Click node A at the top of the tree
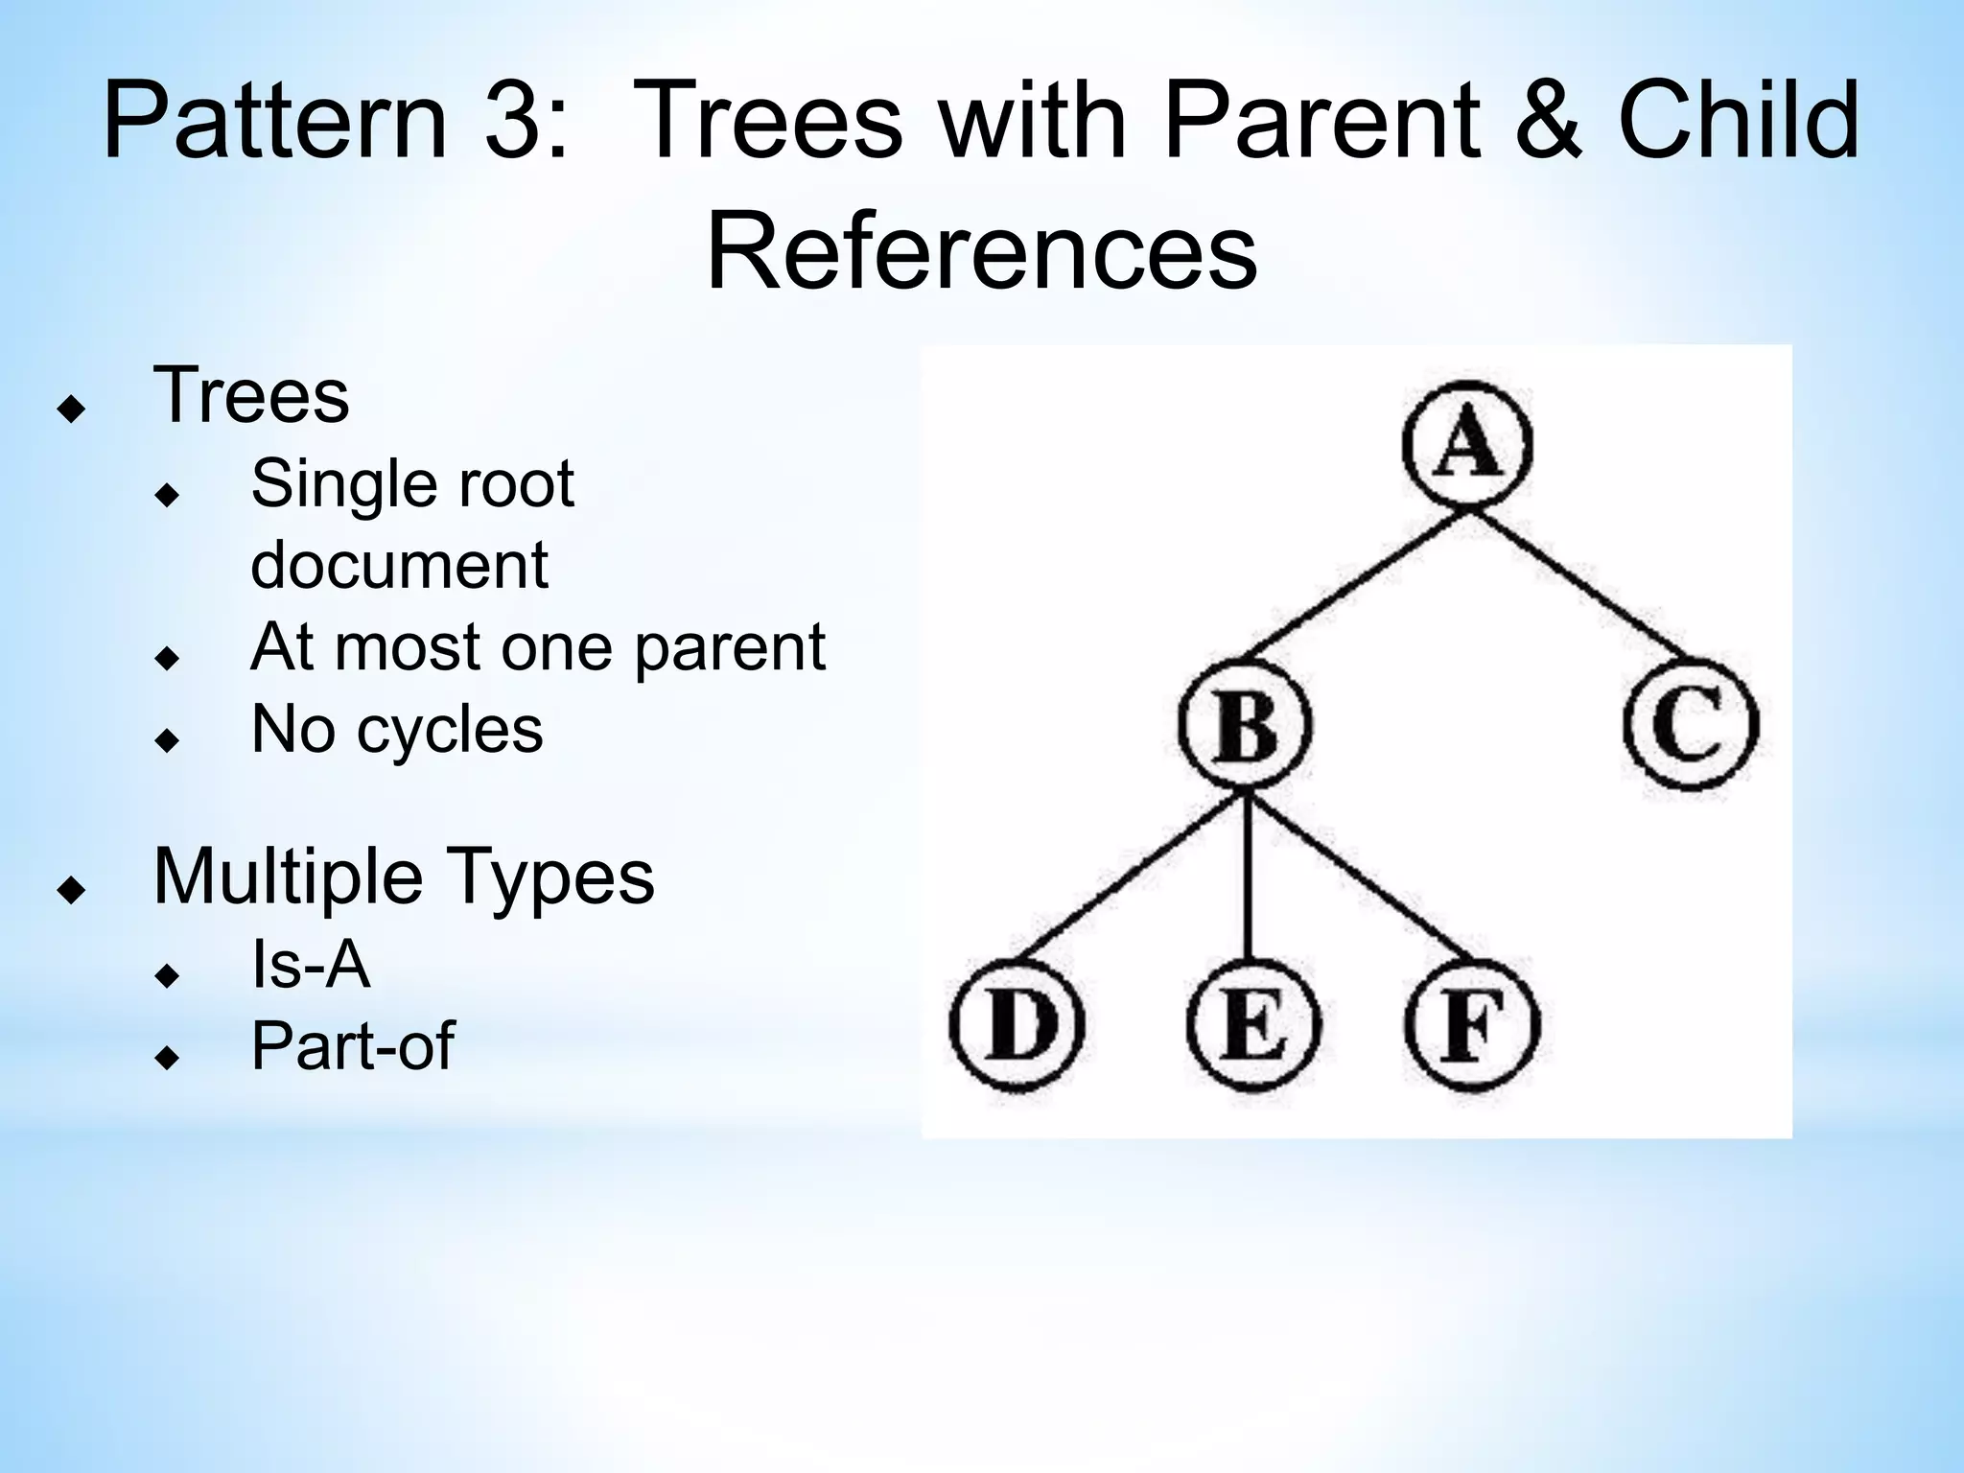tap(1467, 445)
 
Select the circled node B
tap(1246, 725)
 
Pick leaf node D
tap(1017, 1024)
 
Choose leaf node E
tap(1252, 1024)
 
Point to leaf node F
tap(1472, 1024)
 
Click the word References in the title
tap(981, 252)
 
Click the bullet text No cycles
tap(396, 730)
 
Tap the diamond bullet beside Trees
tap(71, 409)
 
